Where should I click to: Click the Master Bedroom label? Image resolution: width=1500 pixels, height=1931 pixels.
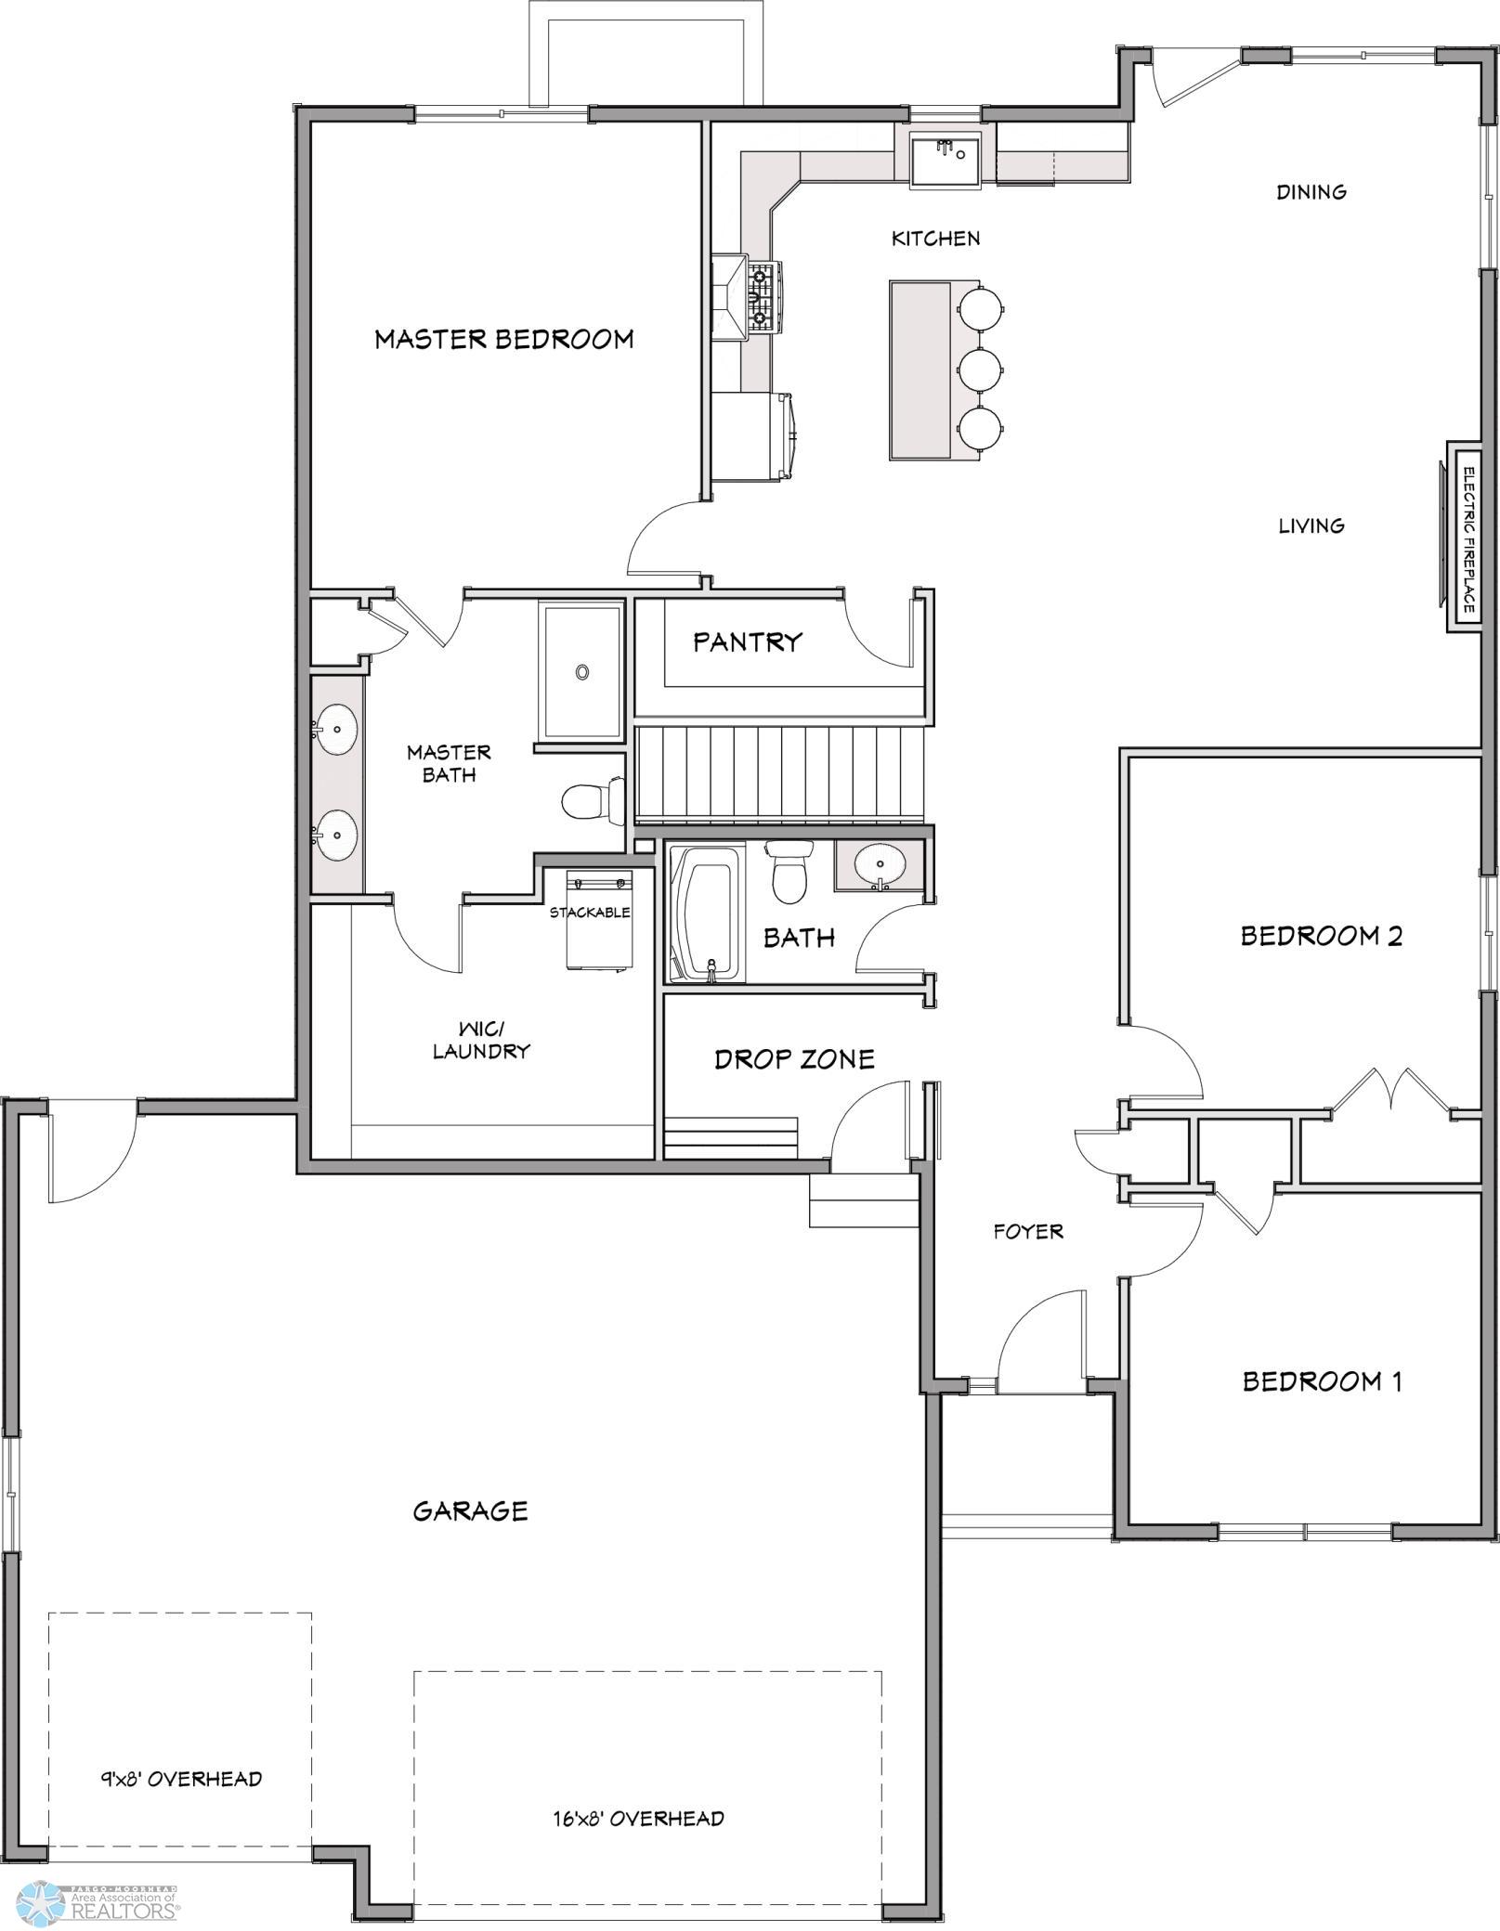pos(504,339)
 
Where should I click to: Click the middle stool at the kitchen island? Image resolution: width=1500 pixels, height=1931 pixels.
pos(980,369)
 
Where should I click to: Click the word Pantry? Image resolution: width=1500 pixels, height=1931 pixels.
pos(748,642)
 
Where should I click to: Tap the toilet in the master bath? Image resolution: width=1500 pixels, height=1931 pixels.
pos(593,800)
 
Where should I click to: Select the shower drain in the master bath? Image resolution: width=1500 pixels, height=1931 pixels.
pos(582,672)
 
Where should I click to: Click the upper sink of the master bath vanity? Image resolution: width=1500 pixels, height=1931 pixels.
pos(335,728)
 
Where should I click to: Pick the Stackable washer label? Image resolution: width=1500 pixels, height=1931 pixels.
pos(590,913)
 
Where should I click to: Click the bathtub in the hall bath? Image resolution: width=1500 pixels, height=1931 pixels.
pos(707,912)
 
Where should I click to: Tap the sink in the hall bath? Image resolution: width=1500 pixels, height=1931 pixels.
pos(879,865)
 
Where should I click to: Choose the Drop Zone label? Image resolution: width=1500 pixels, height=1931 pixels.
pos(795,1059)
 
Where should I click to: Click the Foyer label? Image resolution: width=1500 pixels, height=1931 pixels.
pos(1028,1231)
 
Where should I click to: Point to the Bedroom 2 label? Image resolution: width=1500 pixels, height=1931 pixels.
pos(1322,936)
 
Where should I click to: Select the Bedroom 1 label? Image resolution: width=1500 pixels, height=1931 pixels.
pos(1323,1381)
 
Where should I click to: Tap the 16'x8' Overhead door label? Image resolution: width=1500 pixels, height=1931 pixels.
pos(639,1818)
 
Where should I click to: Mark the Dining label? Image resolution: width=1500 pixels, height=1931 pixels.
pos(1311,192)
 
